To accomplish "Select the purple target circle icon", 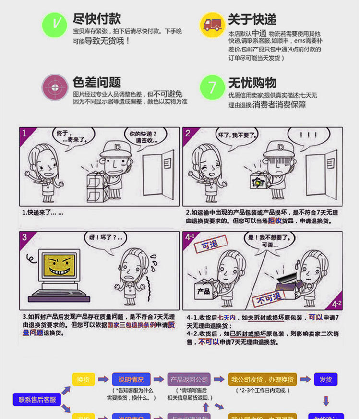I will coord(54,87).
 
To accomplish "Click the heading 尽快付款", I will coord(96,19).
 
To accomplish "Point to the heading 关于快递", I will coord(252,19).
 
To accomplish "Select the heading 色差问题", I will coord(96,82).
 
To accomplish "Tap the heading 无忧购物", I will coord(252,82).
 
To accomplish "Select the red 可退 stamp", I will coord(206,246).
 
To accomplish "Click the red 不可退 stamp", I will coord(269,298).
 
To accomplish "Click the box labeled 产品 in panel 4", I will coord(204,290).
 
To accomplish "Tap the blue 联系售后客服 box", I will coord(37,399).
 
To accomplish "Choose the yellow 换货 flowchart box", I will coord(84,379).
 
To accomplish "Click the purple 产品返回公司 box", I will coord(189,379).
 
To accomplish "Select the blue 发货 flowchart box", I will coord(325,379).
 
